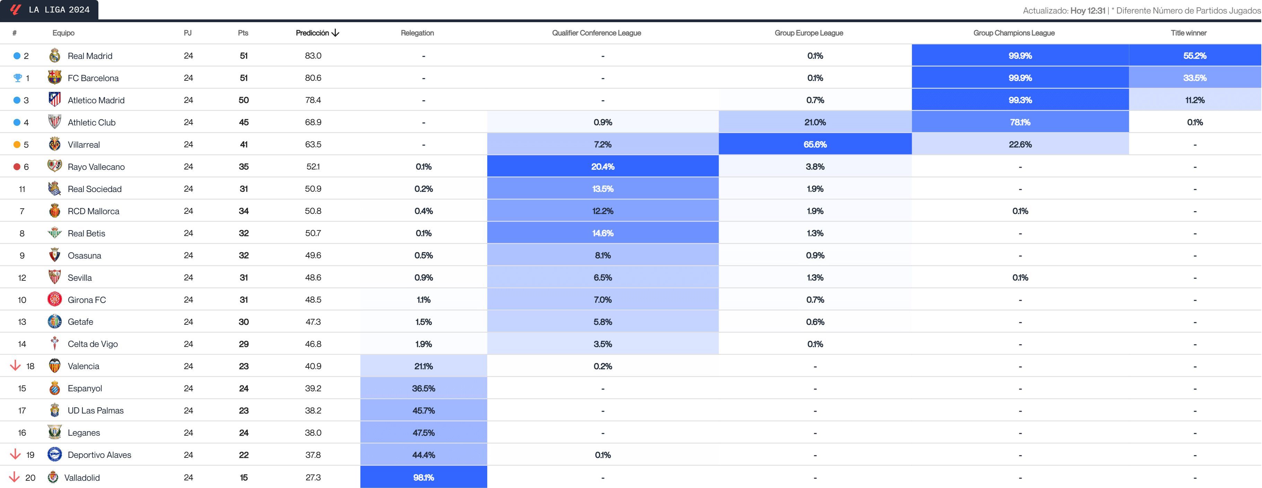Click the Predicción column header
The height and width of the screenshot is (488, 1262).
[x=316, y=33]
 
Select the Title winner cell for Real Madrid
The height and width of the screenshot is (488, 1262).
[x=1194, y=55]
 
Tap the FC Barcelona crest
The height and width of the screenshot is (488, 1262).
[x=54, y=77]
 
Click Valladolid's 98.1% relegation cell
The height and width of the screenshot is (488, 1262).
[x=423, y=477]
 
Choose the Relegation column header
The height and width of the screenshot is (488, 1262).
[x=417, y=33]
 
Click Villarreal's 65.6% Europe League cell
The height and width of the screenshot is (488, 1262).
[x=815, y=145]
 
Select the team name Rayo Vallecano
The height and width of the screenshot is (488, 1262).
[x=96, y=167]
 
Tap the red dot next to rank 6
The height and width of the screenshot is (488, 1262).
[x=17, y=167]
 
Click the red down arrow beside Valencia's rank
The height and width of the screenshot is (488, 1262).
[x=15, y=366]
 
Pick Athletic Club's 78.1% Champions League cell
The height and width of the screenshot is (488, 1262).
[x=1020, y=122]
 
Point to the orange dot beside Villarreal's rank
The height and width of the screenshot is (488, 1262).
[x=17, y=145]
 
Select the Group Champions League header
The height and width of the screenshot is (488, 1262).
[x=1014, y=33]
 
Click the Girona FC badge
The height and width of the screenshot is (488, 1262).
[x=54, y=299]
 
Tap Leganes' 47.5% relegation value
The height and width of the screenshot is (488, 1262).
[x=423, y=433]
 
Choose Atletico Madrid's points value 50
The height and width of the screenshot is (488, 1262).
[x=244, y=100]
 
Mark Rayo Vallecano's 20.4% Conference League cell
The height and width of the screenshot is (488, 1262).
[x=603, y=167]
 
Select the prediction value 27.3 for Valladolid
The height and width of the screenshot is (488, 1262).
[x=313, y=477]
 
